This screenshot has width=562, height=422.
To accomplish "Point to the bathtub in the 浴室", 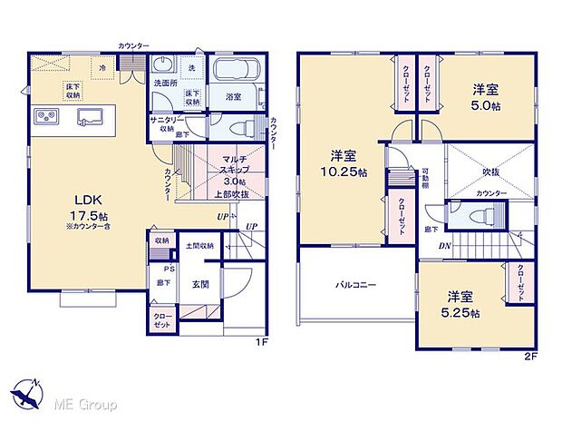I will coord(237,72).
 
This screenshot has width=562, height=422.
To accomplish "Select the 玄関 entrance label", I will coord(200,283).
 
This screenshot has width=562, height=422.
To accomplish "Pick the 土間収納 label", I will coord(199,246).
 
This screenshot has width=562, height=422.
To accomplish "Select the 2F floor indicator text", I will coord(532,356).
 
